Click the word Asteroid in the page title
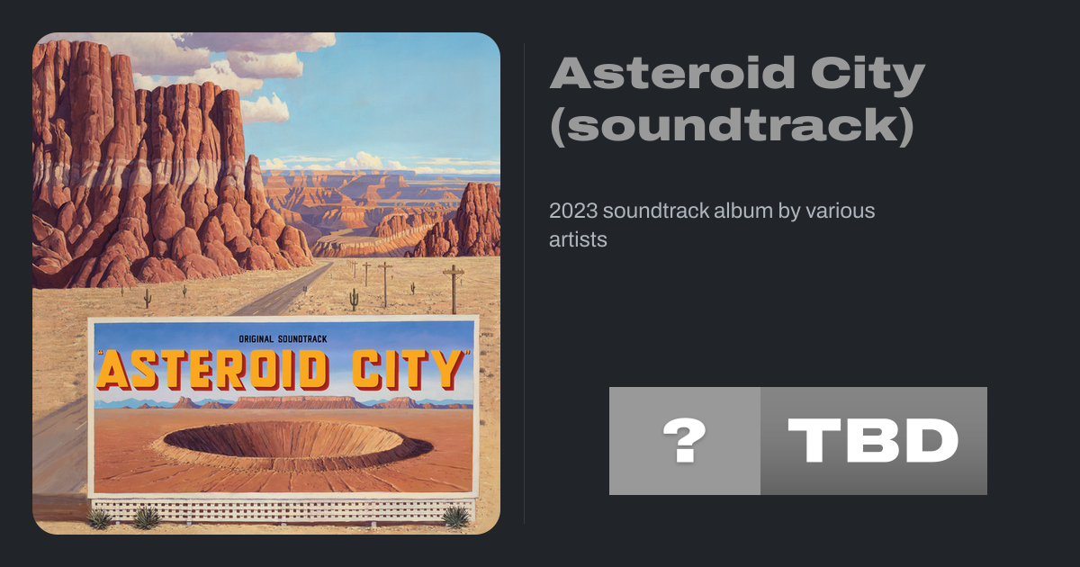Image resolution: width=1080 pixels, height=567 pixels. (x=672, y=73)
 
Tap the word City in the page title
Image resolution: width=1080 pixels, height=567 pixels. (x=868, y=76)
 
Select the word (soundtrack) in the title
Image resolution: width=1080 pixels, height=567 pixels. (x=732, y=125)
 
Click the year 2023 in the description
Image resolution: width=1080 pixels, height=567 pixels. (x=573, y=211)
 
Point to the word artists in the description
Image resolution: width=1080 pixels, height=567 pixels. (x=578, y=239)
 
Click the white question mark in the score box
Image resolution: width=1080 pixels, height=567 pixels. (x=685, y=440)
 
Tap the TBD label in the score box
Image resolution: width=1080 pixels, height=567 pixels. (x=873, y=440)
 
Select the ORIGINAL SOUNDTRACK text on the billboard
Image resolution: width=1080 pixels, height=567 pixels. (x=283, y=339)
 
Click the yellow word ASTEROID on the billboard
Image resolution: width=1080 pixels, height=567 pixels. (x=213, y=370)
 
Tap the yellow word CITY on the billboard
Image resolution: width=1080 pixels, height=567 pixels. (x=409, y=370)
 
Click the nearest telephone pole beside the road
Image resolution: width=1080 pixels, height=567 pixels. (x=454, y=289)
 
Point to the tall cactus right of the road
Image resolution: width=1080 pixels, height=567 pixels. (x=354, y=300)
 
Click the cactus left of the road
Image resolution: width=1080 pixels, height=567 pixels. (x=148, y=299)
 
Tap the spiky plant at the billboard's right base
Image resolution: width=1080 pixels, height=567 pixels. (x=455, y=517)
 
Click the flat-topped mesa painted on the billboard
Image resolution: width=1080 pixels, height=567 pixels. (x=295, y=401)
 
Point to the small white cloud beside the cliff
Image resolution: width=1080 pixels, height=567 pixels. (x=265, y=109)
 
